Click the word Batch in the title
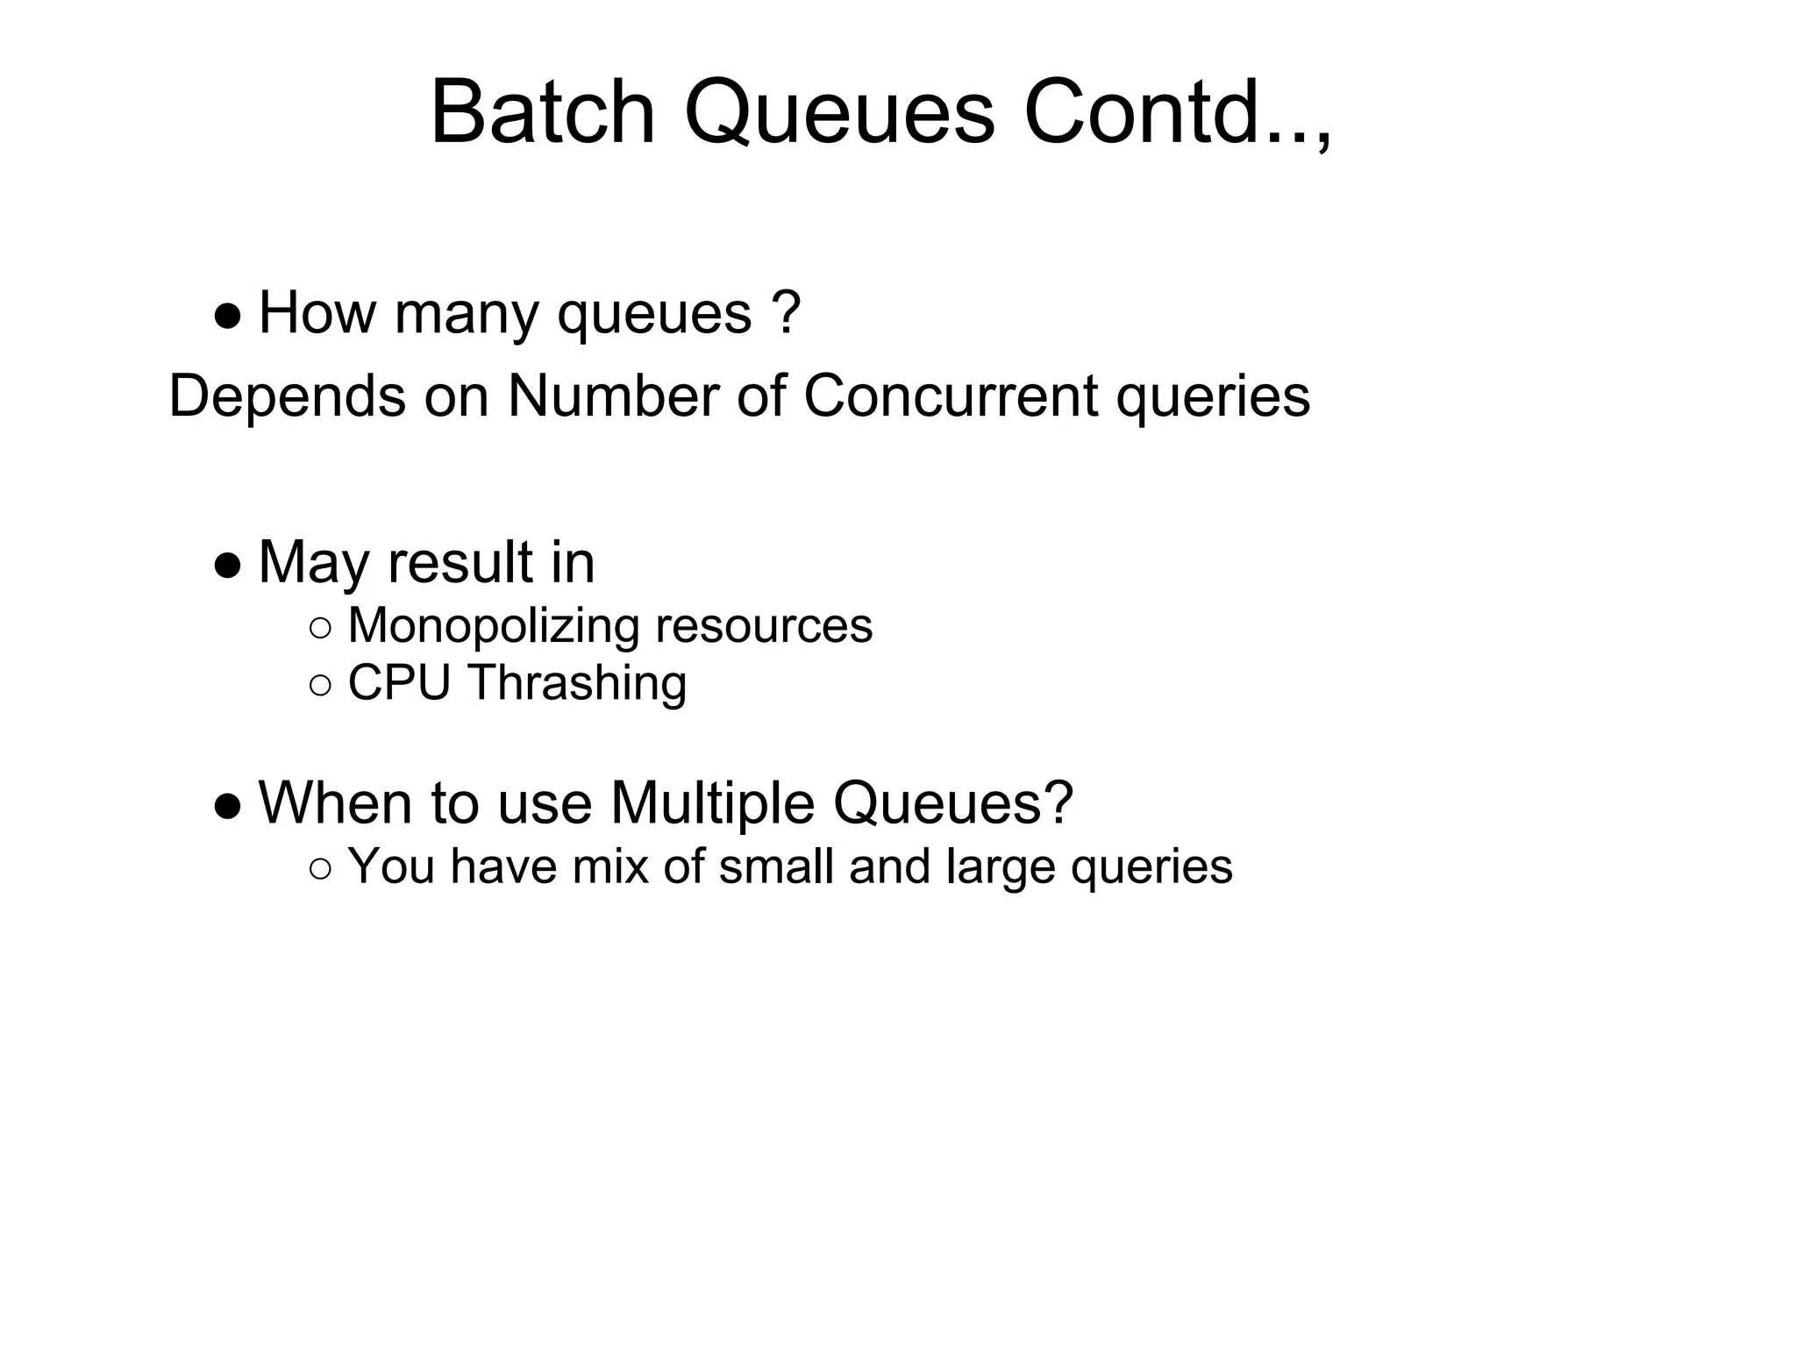tap(542, 114)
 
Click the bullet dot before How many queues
tap(227, 317)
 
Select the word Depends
tap(287, 397)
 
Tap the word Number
tap(613, 396)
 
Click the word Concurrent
tap(950, 396)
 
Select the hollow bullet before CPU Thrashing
tap(321, 685)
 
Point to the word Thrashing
tap(577, 684)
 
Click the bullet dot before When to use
tap(227, 806)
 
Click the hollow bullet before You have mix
tap(321, 869)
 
